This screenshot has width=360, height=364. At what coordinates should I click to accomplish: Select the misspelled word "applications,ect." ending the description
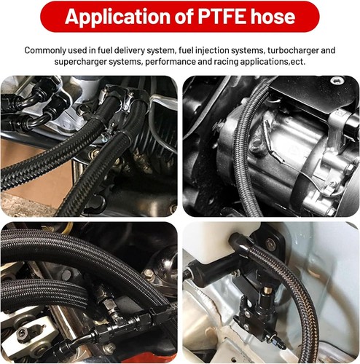(291, 63)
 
